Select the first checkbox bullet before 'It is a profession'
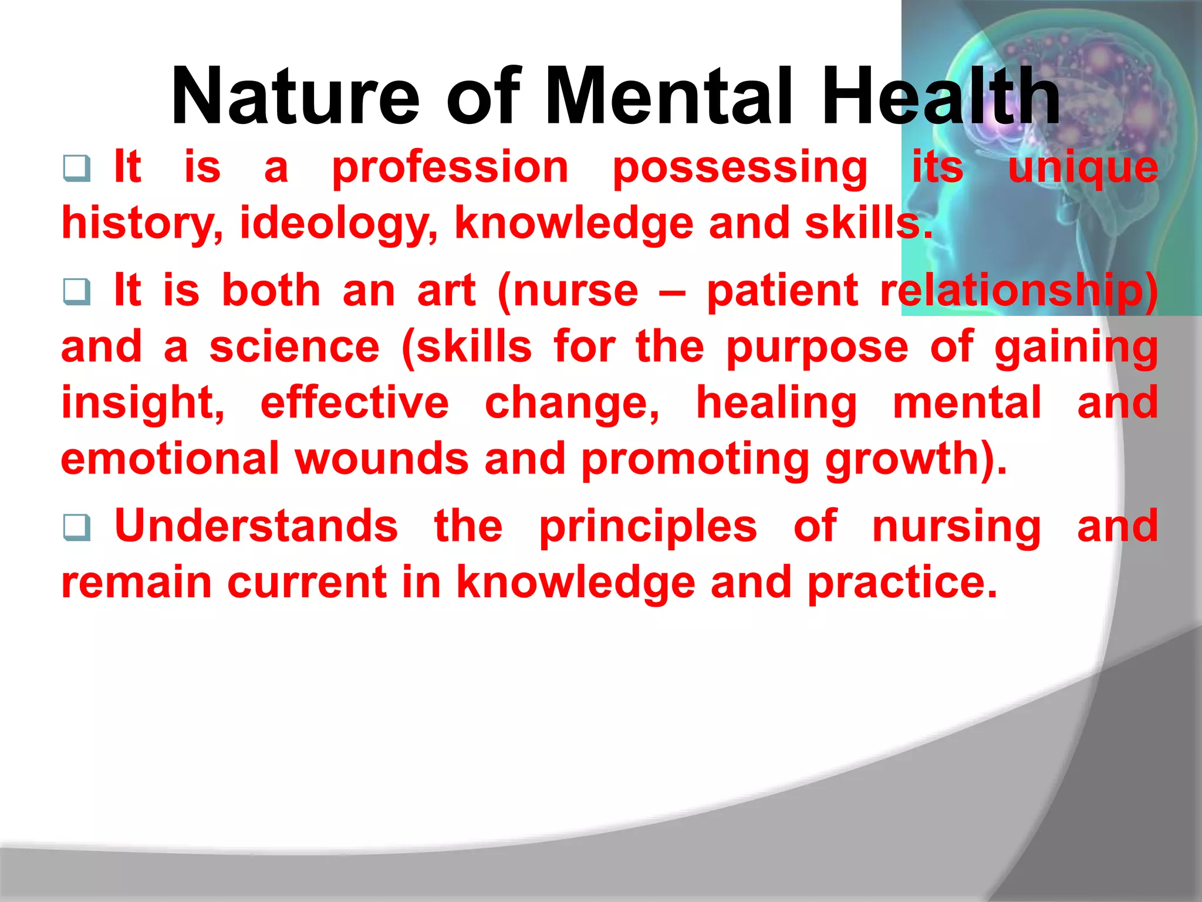(77, 169)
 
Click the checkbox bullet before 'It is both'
(77, 292)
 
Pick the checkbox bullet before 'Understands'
(77, 527)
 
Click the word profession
(450, 169)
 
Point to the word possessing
(740, 169)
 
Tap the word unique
(1083, 169)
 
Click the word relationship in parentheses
(1018, 292)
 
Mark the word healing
(776, 404)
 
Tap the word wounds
(381, 459)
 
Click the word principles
(648, 527)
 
